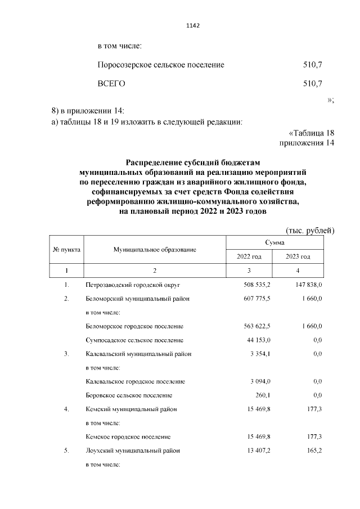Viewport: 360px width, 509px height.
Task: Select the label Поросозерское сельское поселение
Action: point(161,65)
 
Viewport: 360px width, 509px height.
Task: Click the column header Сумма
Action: point(274,242)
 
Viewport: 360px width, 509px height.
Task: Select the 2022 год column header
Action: point(249,256)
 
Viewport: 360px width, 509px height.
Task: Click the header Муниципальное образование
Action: point(155,249)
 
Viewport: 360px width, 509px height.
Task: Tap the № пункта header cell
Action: point(66,249)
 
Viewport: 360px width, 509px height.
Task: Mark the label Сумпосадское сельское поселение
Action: point(134,340)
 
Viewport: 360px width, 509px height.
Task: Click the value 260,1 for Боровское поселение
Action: point(263,395)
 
